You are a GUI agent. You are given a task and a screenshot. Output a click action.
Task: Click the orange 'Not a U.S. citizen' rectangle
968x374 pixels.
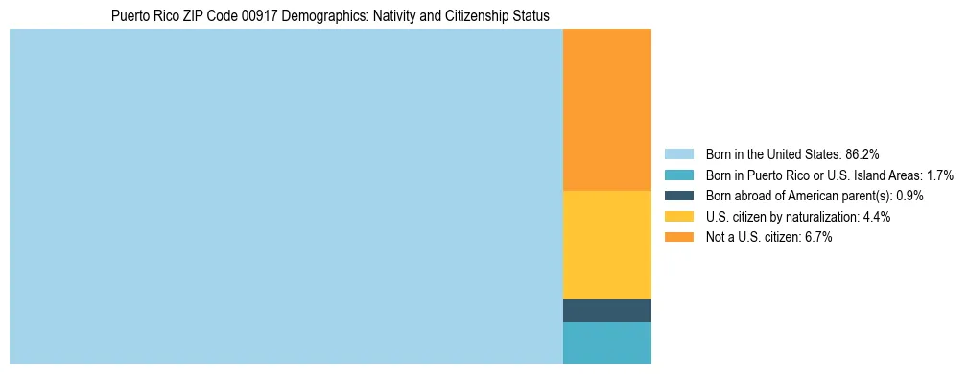(x=606, y=110)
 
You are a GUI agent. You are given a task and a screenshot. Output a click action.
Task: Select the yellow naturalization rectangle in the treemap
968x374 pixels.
(x=606, y=245)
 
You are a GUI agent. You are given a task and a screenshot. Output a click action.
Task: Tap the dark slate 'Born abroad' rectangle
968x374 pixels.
(x=606, y=311)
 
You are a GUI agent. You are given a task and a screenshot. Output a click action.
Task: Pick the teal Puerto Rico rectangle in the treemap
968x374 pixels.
(x=606, y=343)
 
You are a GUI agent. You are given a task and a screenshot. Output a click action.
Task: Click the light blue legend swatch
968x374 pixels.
(x=678, y=153)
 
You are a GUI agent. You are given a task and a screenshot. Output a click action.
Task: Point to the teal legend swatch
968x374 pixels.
(x=678, y=175)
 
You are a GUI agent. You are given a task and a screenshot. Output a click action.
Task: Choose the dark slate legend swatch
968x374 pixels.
(x=678, y=196)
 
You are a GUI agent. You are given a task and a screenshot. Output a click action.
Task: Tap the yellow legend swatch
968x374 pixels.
(x=678, y=217)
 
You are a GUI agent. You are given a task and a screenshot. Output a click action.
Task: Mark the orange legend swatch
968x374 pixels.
(x=678, y=238)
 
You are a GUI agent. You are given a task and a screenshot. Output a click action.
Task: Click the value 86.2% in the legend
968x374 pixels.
(x=862, y=153)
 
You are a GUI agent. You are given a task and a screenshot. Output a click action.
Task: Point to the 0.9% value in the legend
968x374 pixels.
(x=909, y=196)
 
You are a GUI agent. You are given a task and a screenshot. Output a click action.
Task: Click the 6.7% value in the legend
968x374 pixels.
(x=815, y=238)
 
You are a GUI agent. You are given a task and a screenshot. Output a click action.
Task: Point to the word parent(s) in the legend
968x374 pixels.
(x=865, y=196)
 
